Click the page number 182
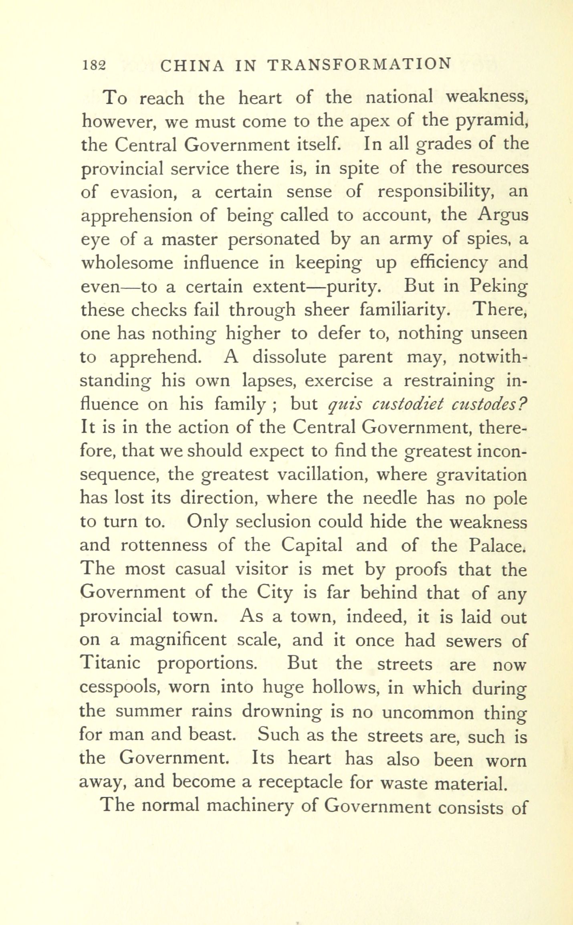tap(93, 65)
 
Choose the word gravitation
tap(482, 476)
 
